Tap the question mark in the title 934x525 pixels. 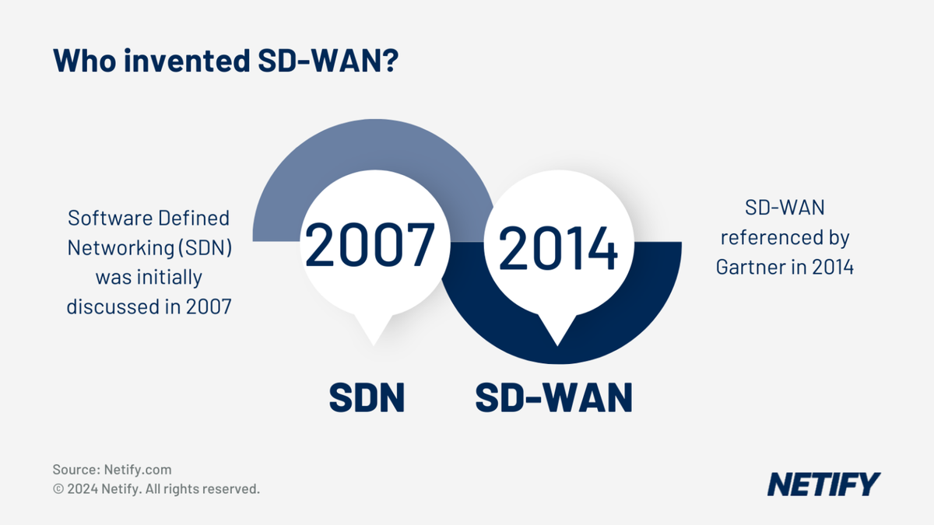click(x=390, y=61)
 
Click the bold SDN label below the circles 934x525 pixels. click(x=367, y=397)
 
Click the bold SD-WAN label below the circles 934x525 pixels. click(x=553, y=397)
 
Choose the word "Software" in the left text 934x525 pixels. click(x=101, y=218)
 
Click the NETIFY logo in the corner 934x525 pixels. click(x=823, y=484)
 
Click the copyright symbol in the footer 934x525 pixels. click(x=58, y=489)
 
